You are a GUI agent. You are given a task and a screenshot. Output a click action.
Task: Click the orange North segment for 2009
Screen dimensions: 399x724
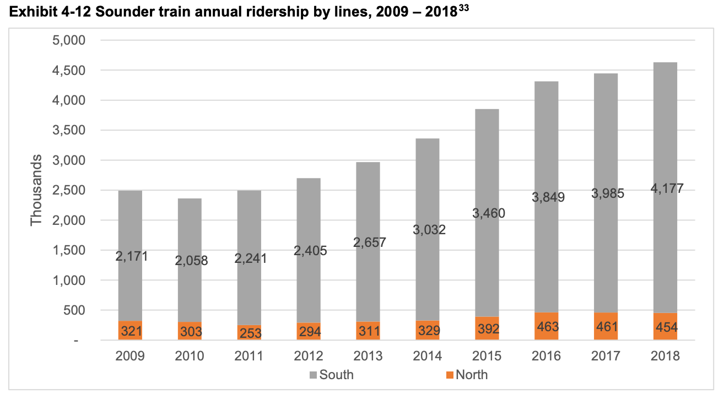[x=130, y=330]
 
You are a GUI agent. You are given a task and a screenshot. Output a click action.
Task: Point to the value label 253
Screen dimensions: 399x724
[x=249, y=333]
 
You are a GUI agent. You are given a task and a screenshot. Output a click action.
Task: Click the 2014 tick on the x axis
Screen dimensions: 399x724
[x=428, y=356]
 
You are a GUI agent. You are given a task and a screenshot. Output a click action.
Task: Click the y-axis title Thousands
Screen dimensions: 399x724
[x=36, y=190]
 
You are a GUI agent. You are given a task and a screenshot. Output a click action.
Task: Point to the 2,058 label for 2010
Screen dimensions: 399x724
[x=190, y=261]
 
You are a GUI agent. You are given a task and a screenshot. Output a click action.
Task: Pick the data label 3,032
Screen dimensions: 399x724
[x=428, y=230]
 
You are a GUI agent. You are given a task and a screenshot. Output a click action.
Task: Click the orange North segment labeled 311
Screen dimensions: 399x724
[x=368, y=331]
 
